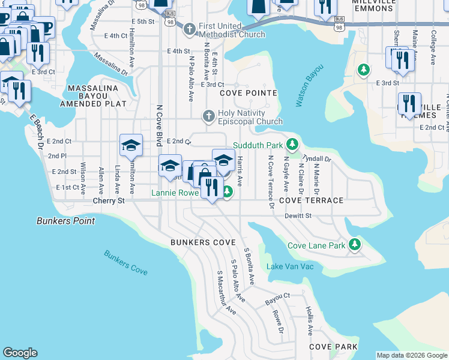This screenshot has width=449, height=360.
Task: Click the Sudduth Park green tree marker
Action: click(x=292, y=145)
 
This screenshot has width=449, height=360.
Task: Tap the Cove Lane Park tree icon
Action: click(x=355, y=245)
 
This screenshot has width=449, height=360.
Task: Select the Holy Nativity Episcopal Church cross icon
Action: click(x=209, y=116)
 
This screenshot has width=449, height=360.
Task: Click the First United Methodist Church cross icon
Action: click(x=190, y=29)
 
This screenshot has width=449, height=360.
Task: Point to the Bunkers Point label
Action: click(x=65, y=221)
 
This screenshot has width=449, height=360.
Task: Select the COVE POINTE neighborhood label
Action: click(x=249, y=93)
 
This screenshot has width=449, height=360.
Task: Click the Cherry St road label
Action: click(x=112, y=201)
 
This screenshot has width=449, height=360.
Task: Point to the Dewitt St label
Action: click(x=298, y=215)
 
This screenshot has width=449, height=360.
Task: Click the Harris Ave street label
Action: click(x=240, y=171)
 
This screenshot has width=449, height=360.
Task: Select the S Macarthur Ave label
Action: click(x=226, y=293)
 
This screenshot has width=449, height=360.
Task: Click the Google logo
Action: click(x=20, y=353)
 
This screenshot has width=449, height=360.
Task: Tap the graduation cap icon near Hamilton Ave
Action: click(x=131, y=145)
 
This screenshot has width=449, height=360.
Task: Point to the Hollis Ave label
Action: click(x=309, y=320)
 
